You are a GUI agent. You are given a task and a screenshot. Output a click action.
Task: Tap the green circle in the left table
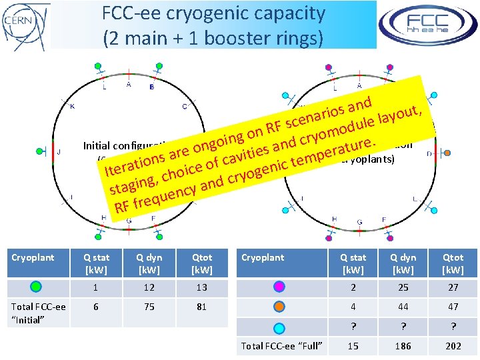pyautogui.click(x=37, y=287)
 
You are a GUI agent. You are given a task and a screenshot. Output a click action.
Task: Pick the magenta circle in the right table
pyautogui.click(x=279, y=287)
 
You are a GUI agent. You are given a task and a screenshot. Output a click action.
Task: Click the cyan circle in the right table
pyautogui.click(x=279, y=327)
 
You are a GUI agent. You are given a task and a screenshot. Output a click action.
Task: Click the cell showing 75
pyautogui.click(x=149, y=307)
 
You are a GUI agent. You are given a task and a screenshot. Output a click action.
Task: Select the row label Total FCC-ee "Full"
pyautogui.click(x=282, y=346)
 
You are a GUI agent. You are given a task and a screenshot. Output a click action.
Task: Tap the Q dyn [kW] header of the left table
pyautogui.click(x=149, y=263)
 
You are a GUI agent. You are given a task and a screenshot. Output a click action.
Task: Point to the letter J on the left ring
pyautogui.click(x=59, y=153)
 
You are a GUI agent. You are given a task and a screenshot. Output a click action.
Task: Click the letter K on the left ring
pyautogui.click(x=73, y=107)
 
